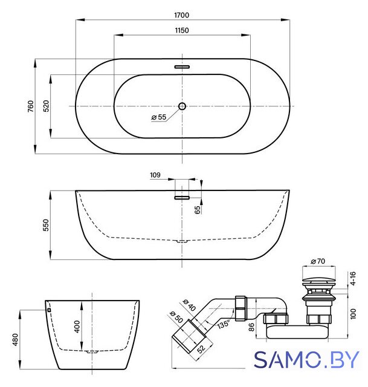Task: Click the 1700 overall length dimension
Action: [x=182, y=15]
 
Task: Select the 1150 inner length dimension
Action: [x=182, y=31]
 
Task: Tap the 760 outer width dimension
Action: [x=31, y=106]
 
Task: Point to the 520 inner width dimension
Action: [x=46, y=106]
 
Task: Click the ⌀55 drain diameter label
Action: [x=158, y=117]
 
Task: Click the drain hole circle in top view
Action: [x=182, y=106]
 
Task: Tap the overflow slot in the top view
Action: [x=182, y=67]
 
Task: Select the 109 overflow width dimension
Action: [x=155, y=175]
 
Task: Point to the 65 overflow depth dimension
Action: [x=198, y=210]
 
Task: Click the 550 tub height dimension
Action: [x=46, y=225]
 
